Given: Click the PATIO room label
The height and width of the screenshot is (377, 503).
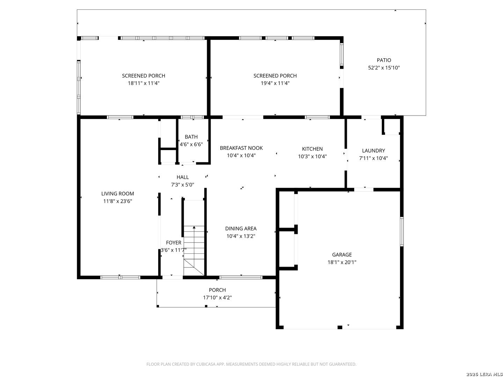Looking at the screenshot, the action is point(384,60).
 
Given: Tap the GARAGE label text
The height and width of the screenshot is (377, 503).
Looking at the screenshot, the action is point(342,255).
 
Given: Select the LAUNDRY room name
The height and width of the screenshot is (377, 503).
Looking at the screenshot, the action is point(373,150).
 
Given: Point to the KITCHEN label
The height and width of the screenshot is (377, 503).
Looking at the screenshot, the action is point(312,149).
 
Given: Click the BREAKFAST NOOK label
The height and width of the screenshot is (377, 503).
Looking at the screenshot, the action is point(241,148).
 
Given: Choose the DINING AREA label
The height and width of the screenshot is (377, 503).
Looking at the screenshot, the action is point(241,228).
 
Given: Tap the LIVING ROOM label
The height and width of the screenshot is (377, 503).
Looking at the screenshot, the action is point(118,194).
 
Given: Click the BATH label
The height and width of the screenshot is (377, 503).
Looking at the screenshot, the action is point(191,137).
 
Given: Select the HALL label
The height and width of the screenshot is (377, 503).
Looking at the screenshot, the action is point(183,177).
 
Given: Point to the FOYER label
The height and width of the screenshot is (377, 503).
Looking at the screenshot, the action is point(174,243).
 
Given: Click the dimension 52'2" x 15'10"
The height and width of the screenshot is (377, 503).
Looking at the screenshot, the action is point(384,68).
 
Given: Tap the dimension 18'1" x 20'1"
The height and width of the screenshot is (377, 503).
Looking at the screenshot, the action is point(342,262).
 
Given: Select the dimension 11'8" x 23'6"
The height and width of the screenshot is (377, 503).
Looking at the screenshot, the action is point(118,201).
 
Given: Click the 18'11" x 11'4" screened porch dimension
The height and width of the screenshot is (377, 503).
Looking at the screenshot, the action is point(144,83).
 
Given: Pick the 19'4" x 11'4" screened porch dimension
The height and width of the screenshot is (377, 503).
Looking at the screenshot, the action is point(275,83).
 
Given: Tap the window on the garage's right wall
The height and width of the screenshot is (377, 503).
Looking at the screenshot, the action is point(402,231).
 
